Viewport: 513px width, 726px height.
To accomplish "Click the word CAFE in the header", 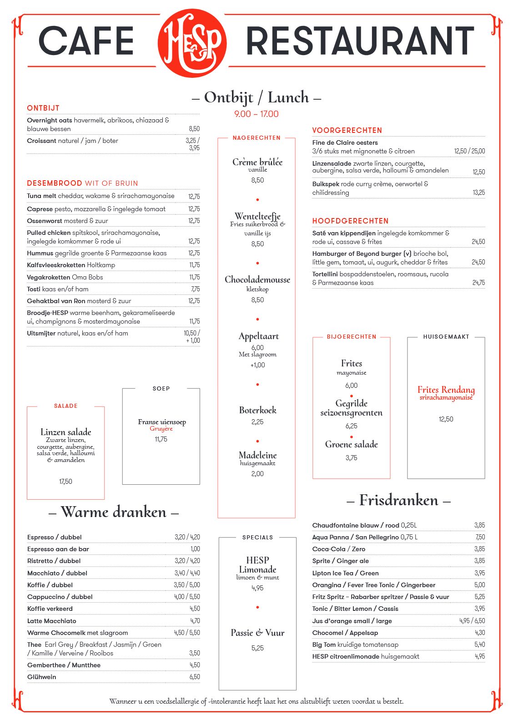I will (x=86, y=41).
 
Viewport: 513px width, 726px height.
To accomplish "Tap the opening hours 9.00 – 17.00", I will (x=256, y=114).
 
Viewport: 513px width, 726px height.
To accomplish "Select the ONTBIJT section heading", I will (x=43, y=108).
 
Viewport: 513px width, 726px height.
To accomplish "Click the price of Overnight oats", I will (x=194, y=129).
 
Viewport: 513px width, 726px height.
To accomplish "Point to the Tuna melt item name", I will (x=41, y=196).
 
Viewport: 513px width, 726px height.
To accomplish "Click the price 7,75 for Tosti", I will (x=195, y=289).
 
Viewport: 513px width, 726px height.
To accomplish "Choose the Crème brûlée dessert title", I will (x=257, y=162).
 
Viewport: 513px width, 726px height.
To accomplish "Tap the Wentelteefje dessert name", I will (x=257, y=216).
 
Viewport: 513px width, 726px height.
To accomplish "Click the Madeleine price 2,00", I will (x=257, y=474).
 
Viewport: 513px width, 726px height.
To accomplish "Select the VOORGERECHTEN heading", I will (x=347, y=130).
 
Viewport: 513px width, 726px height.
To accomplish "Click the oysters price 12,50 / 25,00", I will (x=469, y=151).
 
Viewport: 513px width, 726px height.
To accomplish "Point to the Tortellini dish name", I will (x=325, y=274).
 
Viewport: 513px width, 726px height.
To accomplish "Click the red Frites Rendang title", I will (x=446, y=390).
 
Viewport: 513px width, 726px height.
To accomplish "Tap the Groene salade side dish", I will (x=351, y=444).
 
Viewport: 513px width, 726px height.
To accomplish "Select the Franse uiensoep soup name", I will (x=162, y=422).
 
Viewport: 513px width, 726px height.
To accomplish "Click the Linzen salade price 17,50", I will (x=65, y=482).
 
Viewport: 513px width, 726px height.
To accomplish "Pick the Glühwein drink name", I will (x=42, y=677).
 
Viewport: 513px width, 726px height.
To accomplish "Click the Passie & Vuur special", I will (x=257, y=633).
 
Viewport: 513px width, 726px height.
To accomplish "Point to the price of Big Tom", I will (x=479, y=645).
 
